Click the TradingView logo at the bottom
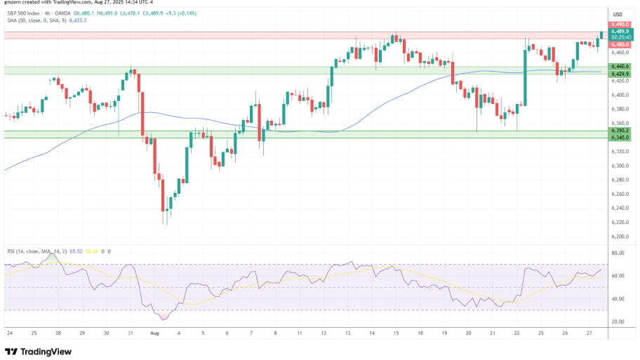tap(36, 351)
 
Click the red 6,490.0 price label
tap(619, 25)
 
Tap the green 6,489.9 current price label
tap(619, 32)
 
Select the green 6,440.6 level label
tap(619, 67)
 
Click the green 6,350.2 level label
tap(619, 131)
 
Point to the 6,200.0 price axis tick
tap(619, 222)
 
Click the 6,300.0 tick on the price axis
tap(619, 166)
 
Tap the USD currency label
tap(618, 14)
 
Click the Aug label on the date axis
tap(155, 334)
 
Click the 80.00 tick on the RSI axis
tap(618, 253)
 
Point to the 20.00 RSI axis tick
tap(618, 321)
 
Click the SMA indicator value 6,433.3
tap(76, 20)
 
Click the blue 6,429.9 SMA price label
tap(619, 74)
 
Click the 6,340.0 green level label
tap(619, 138)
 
